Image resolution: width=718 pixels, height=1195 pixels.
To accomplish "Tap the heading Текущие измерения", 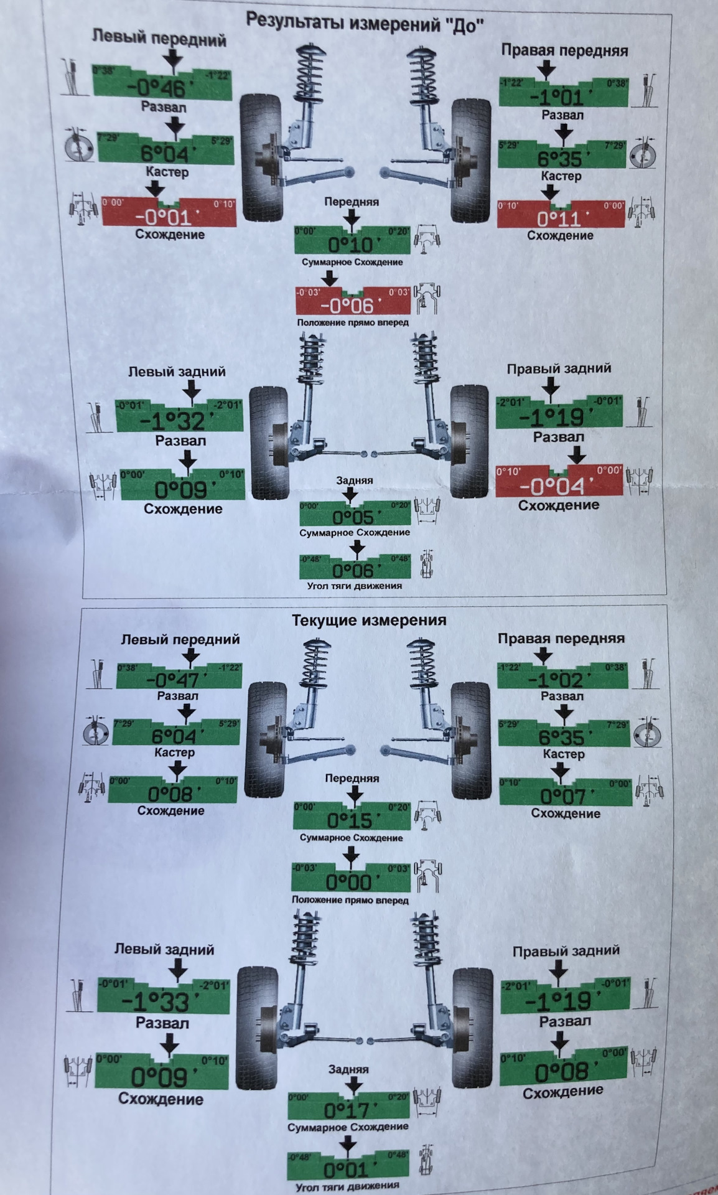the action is pos(369,621).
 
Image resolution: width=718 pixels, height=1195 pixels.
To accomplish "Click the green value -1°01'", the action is pos(557,97).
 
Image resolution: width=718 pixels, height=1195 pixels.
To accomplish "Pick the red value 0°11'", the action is pos(559,219).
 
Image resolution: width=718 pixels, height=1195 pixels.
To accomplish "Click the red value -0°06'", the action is pos(347,306).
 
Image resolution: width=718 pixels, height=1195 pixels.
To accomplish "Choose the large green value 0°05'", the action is pos(353,517).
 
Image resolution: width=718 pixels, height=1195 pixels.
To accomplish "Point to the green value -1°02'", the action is pos(556,680).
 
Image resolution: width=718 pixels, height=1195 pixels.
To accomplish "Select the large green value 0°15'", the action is pos(349,820).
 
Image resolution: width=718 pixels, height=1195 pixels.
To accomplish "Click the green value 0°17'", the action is pos(347,1110).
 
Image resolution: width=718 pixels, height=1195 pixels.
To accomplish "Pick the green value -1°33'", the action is pos(156,1002).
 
